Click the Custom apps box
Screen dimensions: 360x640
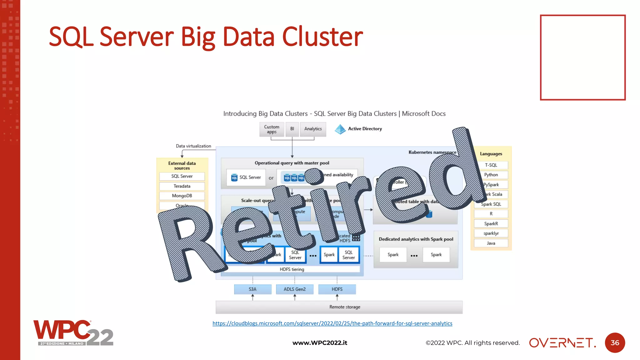pyautogui.click(x=272, y=129)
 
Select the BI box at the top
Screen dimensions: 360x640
pyautogui.click(x=292, y=129)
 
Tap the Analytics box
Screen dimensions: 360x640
pyautogui.click(x=313, y=129)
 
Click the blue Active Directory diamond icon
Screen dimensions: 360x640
pyautogui.click(x=340, y=129)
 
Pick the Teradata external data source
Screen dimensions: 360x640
pyautogui.click(x=182, y=186)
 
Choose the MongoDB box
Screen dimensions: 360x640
pyautogui.click(x=182, y=196)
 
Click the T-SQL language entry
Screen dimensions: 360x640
pyautogui.click(x=491, y=165)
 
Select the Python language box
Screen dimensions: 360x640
pyautogui.click(x=491, y=175)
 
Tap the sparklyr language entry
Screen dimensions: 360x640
pyautogui.click(x=491, y=233)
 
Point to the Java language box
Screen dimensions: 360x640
pyautogui.click(x=491, y=243)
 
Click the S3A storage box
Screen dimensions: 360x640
pyautogui.click(x=252, y=289)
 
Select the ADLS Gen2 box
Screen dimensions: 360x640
pyautogui.click(x=295, y=289)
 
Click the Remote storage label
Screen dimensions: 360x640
pyautogui.click(x=345, y=307)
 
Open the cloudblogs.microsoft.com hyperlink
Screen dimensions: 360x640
pyautogui.click(x=332, y=323)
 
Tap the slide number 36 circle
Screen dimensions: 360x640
pyautogui.click(x=615, y=343)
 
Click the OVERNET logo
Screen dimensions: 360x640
pyautogui.click(x=562, y=343)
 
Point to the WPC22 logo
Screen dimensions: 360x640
pyautogui.click(x=73, y=333)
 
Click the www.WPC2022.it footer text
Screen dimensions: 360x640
pyautogui.click(x=320, y=343)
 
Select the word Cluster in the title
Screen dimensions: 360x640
pyautogui.click(x=322, y=37)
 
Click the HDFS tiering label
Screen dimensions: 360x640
pyautogui.click(x=292, y=269)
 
